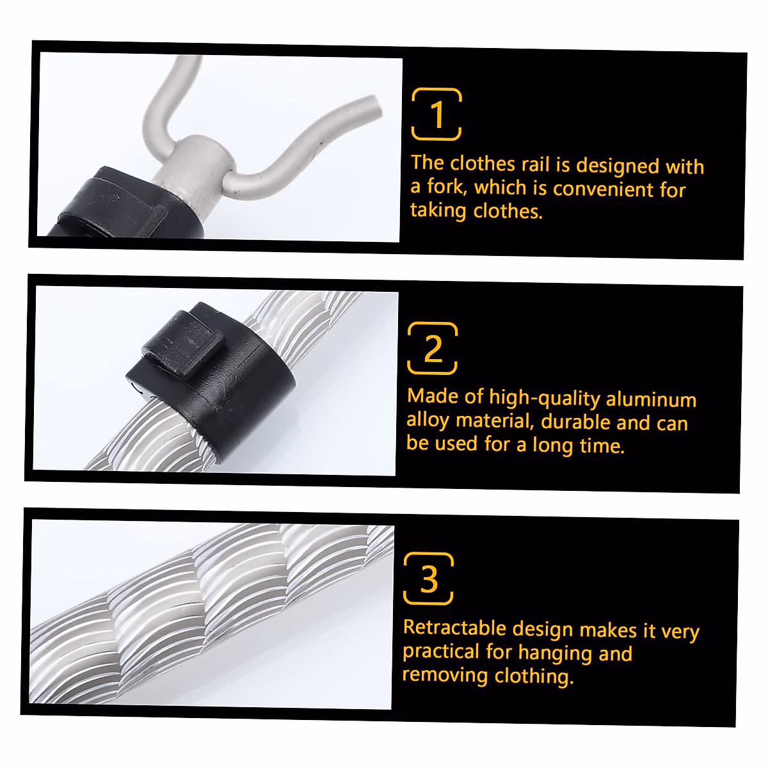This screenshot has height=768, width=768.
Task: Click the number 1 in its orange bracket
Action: pyautogui.click(x=436, y=115)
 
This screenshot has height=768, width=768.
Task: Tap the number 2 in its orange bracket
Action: pyautogui.click(x=433, y=349)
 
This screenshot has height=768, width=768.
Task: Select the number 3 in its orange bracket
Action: pyautogui.click(x=429, y=579)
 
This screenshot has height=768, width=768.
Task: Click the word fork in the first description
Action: pyautogui.click(x=445, y=187)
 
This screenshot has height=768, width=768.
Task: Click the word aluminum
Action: pyautogui.click(x=651, y=399)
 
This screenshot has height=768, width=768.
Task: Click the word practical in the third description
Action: pyautogui.click(x=440, y=652)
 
